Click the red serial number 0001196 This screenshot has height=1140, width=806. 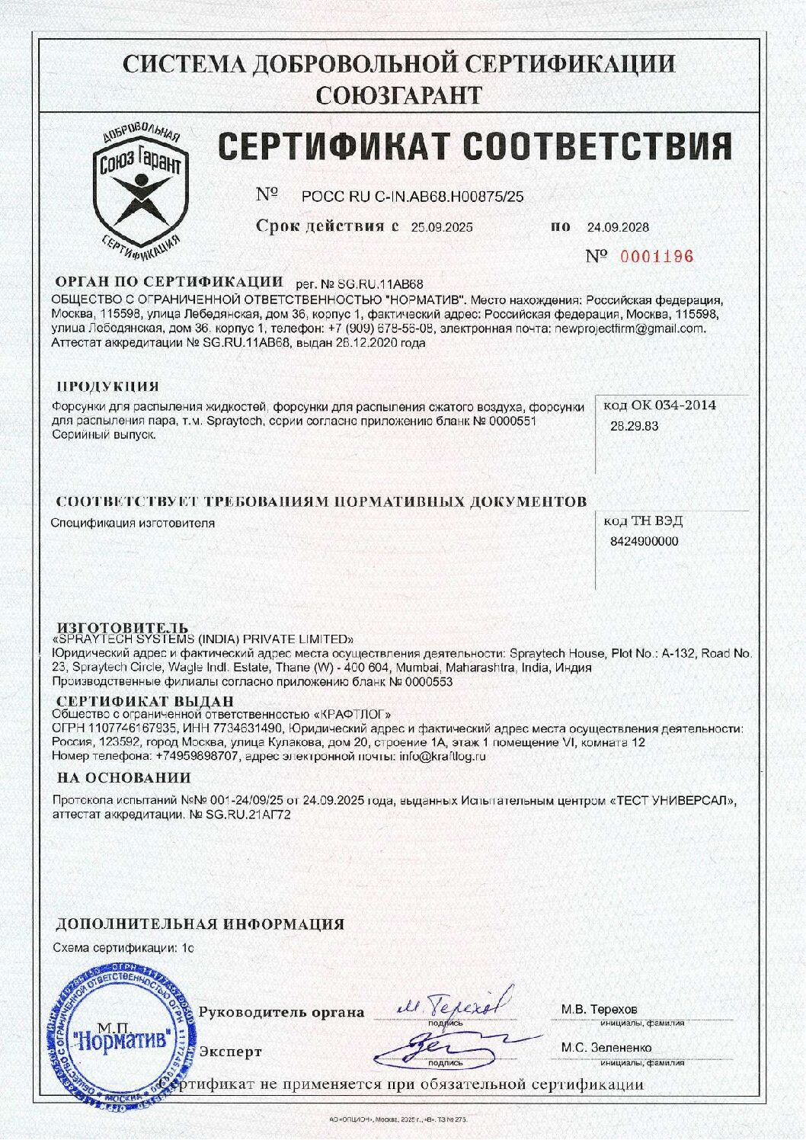656,257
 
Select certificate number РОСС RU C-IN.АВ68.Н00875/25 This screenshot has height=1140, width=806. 414,197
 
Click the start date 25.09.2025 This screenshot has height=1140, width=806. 442,227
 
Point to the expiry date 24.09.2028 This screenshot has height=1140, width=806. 618,227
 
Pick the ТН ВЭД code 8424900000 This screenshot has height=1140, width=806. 644,542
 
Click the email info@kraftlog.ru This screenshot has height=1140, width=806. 442,757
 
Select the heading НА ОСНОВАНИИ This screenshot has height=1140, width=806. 123,778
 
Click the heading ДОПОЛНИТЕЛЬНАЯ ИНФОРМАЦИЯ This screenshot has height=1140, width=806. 200,924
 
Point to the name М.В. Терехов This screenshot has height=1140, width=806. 599,1009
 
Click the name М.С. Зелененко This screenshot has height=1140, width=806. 606,1048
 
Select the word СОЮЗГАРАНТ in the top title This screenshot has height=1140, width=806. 398,94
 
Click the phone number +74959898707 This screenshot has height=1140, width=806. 197,757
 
